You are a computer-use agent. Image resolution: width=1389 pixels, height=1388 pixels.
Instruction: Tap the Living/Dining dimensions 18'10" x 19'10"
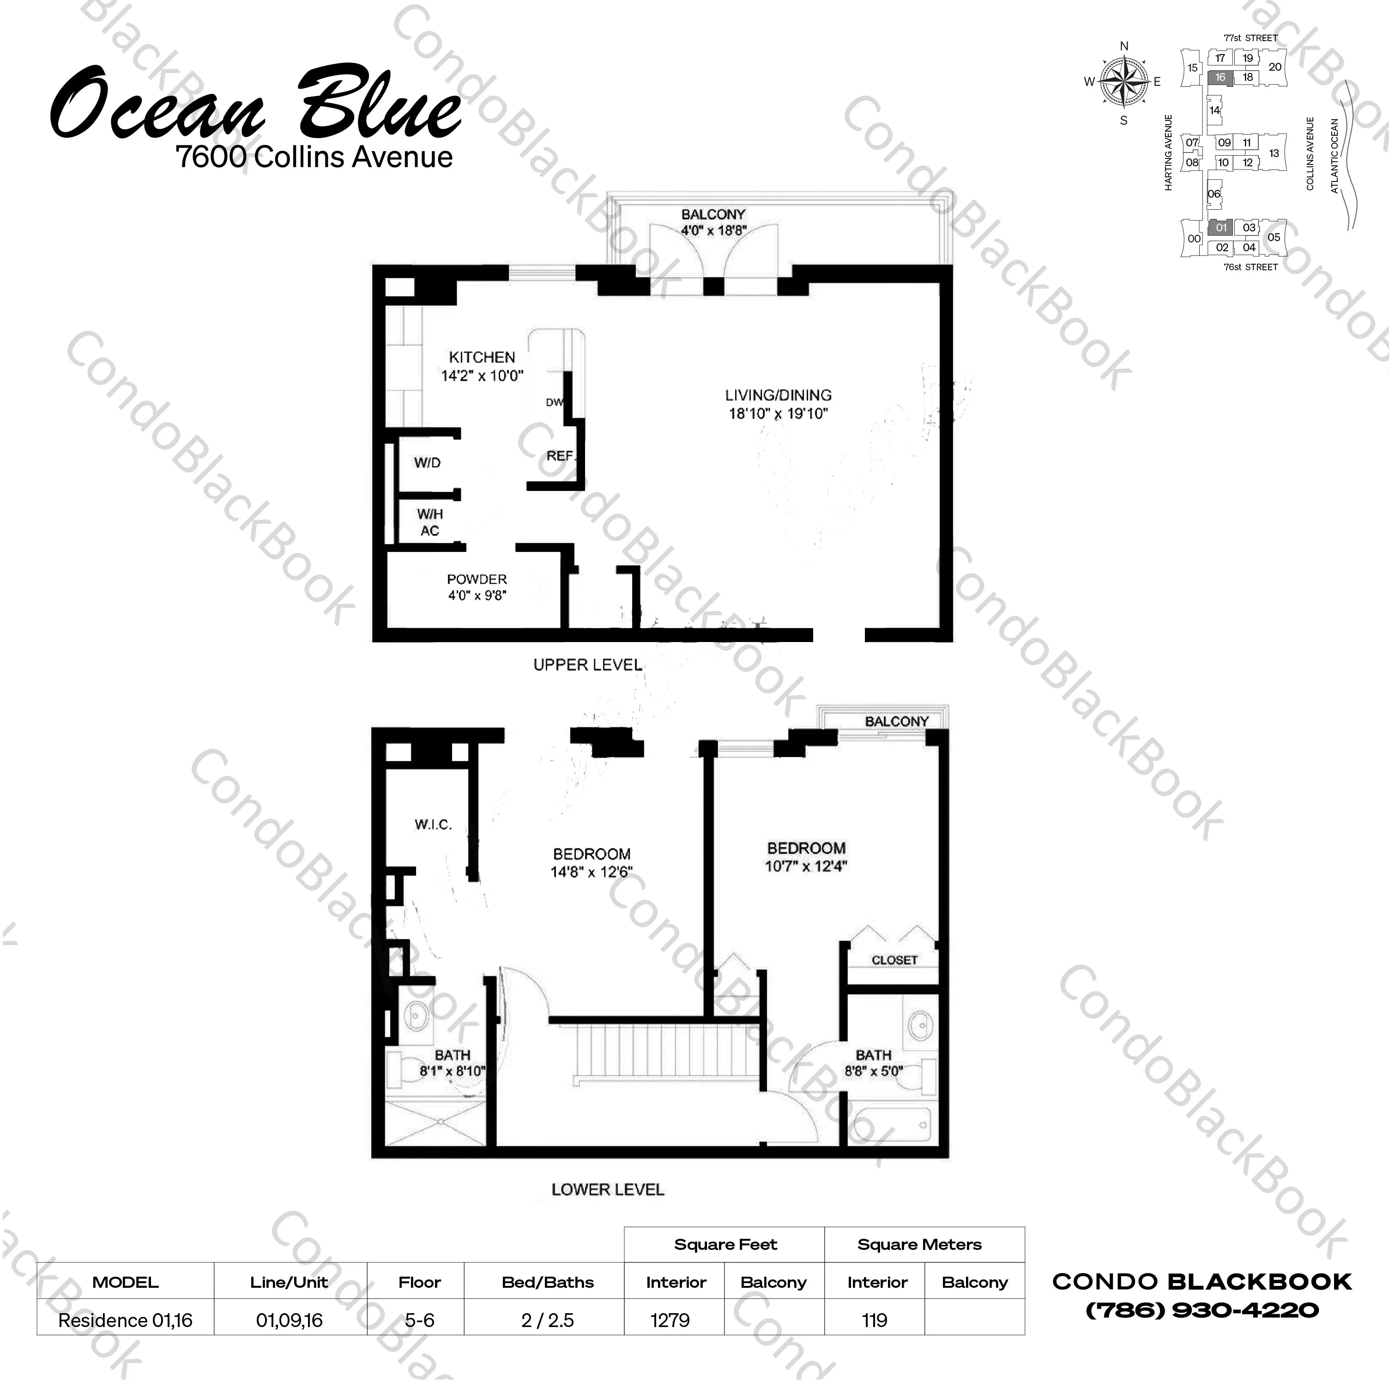pos(779,413)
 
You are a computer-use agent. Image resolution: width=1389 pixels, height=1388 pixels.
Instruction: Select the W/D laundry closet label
pos(427,462)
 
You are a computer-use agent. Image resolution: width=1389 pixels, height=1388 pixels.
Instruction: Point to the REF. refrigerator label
pos(561,456)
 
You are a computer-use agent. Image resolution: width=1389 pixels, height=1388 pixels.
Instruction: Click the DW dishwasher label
pos(554,402)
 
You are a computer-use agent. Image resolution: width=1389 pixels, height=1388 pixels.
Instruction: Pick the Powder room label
pos(477,579)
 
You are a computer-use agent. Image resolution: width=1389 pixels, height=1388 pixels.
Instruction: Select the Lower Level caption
pos(608,1189)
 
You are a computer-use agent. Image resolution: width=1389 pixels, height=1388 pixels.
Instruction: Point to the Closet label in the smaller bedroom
pos(894,960)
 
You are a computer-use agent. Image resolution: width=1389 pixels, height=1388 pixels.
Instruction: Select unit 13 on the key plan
pos(1274,153)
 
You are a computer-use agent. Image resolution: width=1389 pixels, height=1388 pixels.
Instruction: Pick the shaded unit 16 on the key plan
pos(1220,78)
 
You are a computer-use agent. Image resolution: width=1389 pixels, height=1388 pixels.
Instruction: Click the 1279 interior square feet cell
pos(670,1321)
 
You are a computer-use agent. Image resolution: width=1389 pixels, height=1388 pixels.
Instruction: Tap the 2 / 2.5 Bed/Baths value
pos(548,1321)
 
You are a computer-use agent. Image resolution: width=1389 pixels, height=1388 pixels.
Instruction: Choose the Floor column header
pos(420,1282)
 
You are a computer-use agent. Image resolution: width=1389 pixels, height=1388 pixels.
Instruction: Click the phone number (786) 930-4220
pos(1202,1310)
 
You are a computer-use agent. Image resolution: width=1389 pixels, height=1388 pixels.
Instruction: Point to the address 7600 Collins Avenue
pos(314,156)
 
